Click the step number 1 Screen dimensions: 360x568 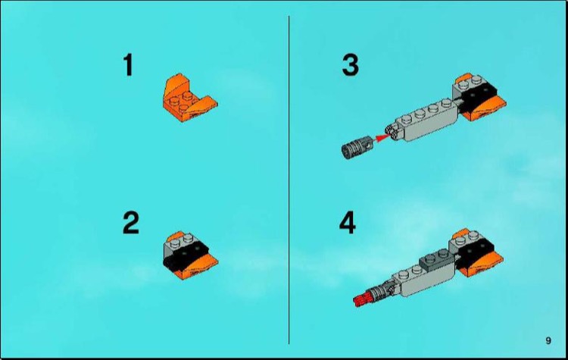[128, 65]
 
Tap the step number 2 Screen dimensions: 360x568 [130, 224]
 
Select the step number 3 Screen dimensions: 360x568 [350, 65]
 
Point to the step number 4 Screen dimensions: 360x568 [348, 224]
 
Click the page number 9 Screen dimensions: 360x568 [548, 340]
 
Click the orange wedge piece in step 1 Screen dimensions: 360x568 [186, 98]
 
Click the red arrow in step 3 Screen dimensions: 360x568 [383, 137]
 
